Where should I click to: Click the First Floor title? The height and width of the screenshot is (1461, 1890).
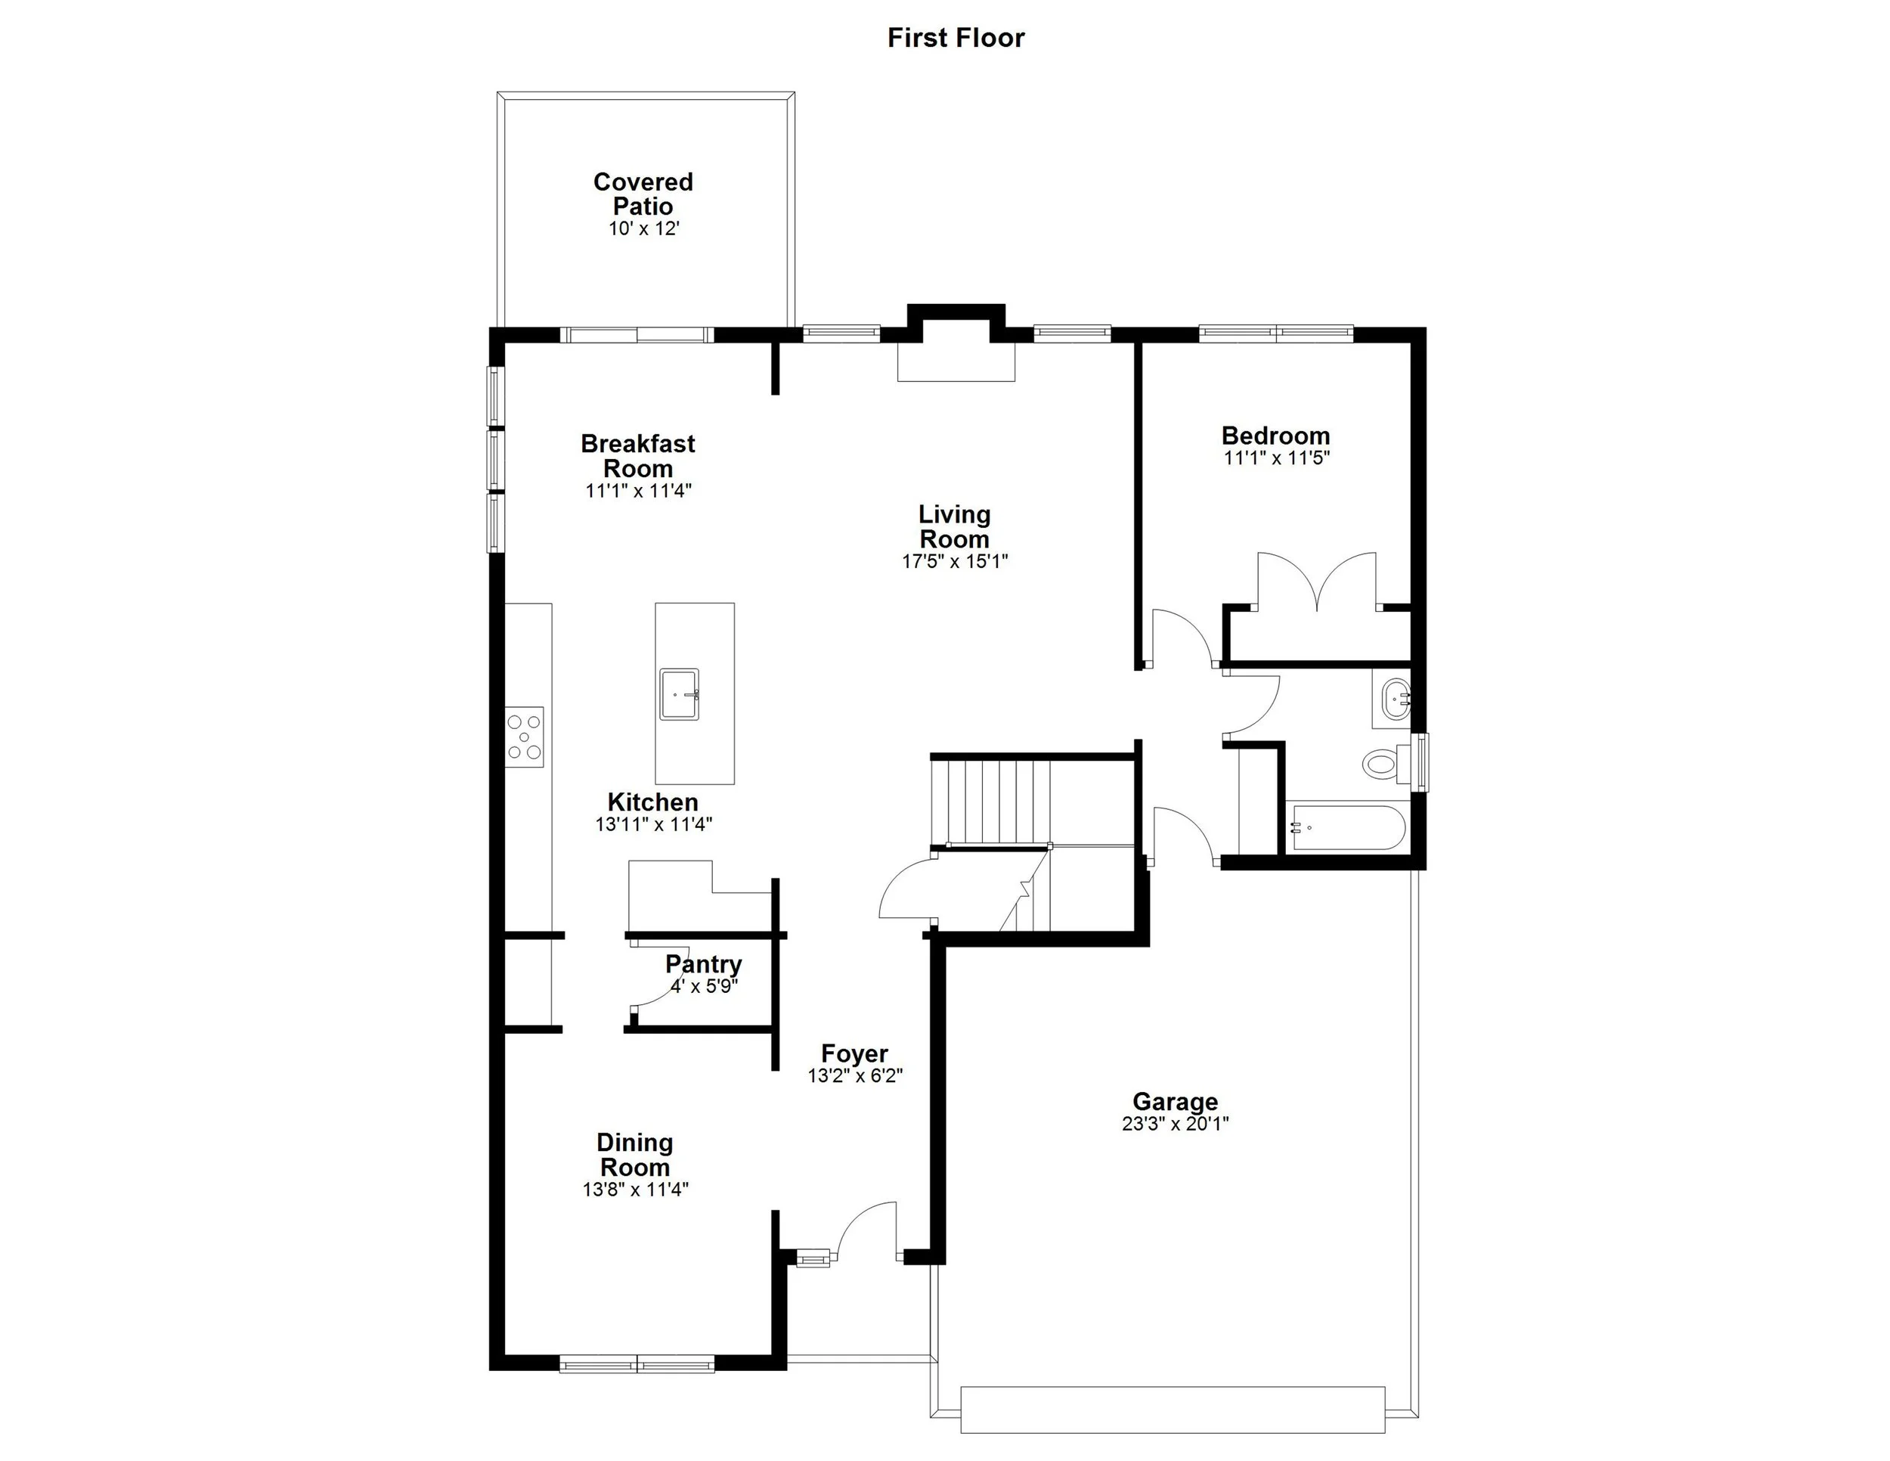[956, 38]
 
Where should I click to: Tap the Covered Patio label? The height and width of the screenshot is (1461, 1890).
[643, 194]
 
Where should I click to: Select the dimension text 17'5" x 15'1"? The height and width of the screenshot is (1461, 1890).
[955, 562]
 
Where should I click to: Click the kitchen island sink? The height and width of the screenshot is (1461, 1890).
[680, 693]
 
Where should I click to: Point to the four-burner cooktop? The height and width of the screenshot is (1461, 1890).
[525, 737]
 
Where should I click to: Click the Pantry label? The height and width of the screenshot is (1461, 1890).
[704, 964]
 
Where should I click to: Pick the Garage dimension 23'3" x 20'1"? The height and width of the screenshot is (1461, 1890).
[1175, 1124]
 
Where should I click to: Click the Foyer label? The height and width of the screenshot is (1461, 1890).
[854, 1053]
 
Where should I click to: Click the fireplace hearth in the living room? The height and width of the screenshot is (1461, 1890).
[956, 361]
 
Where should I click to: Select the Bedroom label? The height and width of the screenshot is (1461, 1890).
[1275, 436]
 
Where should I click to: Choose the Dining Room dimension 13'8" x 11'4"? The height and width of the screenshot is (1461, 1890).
[635, 1190]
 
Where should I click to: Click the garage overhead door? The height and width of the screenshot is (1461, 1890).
[1173, 1410]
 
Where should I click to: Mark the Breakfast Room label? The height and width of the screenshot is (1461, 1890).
[638, 456]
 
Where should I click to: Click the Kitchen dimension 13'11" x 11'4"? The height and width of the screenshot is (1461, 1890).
[653, 825]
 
